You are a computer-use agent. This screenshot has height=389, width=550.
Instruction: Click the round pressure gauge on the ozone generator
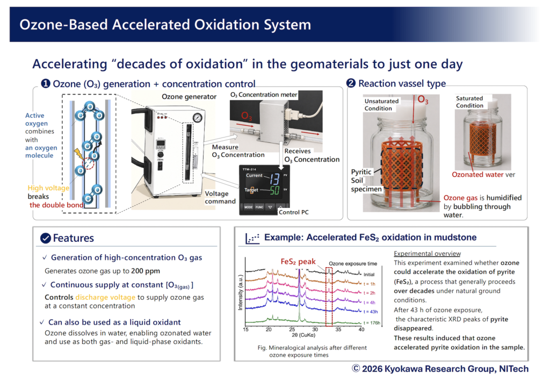tap(198, 118)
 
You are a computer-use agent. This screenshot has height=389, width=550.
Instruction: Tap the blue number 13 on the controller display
tap(274, 179)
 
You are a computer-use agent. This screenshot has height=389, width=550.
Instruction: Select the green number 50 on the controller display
tap(274, 190)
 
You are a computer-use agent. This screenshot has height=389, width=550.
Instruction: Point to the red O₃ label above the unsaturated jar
tap(423, 100)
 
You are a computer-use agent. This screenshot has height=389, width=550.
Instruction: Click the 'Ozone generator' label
tap(189, 97)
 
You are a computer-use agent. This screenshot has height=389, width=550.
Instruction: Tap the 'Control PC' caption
tap(294, 212)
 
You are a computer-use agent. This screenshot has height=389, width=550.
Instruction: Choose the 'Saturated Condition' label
tap(469, 102)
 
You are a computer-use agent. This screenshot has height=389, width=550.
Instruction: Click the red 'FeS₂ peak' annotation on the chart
tap(298, 262)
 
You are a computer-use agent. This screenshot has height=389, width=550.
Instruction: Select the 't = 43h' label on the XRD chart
tap(371, 312)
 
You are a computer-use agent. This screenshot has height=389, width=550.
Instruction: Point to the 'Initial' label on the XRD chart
tap(369, 275)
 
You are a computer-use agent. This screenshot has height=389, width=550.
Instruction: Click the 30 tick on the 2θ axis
tap(315, 329)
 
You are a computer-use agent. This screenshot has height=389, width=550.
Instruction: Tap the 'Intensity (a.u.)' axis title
tap(240, 292)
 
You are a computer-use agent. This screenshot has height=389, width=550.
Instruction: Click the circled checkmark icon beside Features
tap(46, 238)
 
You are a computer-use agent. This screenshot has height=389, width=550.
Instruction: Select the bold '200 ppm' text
tap(146, 271)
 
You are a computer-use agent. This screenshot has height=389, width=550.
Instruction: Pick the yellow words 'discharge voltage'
tap(105, 298)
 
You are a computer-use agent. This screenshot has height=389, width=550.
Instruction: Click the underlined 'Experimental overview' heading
tap(427, 254)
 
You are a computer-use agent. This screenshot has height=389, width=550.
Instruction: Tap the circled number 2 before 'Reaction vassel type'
tap(351, 83)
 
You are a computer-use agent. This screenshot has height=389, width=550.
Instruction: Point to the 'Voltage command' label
tap(220, 198)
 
